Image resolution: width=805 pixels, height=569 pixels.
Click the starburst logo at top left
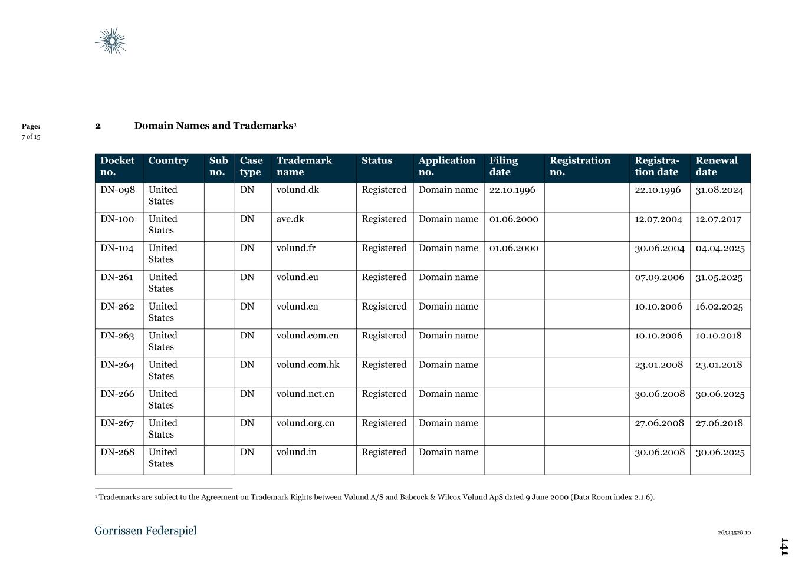[x=111, y=41]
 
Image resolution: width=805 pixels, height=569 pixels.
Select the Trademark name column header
[x=304, y=166]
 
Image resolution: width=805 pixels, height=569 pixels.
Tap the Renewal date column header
[x=717, y=166]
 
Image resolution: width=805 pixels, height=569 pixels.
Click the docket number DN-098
[x=117, y=190]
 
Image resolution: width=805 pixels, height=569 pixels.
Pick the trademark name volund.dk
[x=298, y=190]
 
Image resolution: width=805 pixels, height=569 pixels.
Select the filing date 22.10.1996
[x=512, y=190]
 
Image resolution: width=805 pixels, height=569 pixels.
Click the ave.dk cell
[x=290, y=219]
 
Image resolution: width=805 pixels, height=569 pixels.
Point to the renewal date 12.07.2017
[x=718, y=219]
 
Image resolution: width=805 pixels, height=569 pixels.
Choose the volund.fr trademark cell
[x=296, y=248]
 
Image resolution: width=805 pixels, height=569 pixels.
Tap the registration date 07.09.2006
[x=659, y=277]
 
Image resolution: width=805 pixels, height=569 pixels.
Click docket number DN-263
[x=117, y=336]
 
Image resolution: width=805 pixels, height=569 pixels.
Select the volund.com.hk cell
[x=308, y=365]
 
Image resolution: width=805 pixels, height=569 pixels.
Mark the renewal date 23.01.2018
[x=719, y=365]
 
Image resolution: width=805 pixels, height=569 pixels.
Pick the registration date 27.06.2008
[x=659, y=423]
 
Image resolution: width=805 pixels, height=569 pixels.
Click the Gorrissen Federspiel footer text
[x=146, y=531]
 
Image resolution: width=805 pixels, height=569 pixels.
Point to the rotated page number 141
[x=784, y=547]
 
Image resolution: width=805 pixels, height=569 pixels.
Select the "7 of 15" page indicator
[x=31, y=137]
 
